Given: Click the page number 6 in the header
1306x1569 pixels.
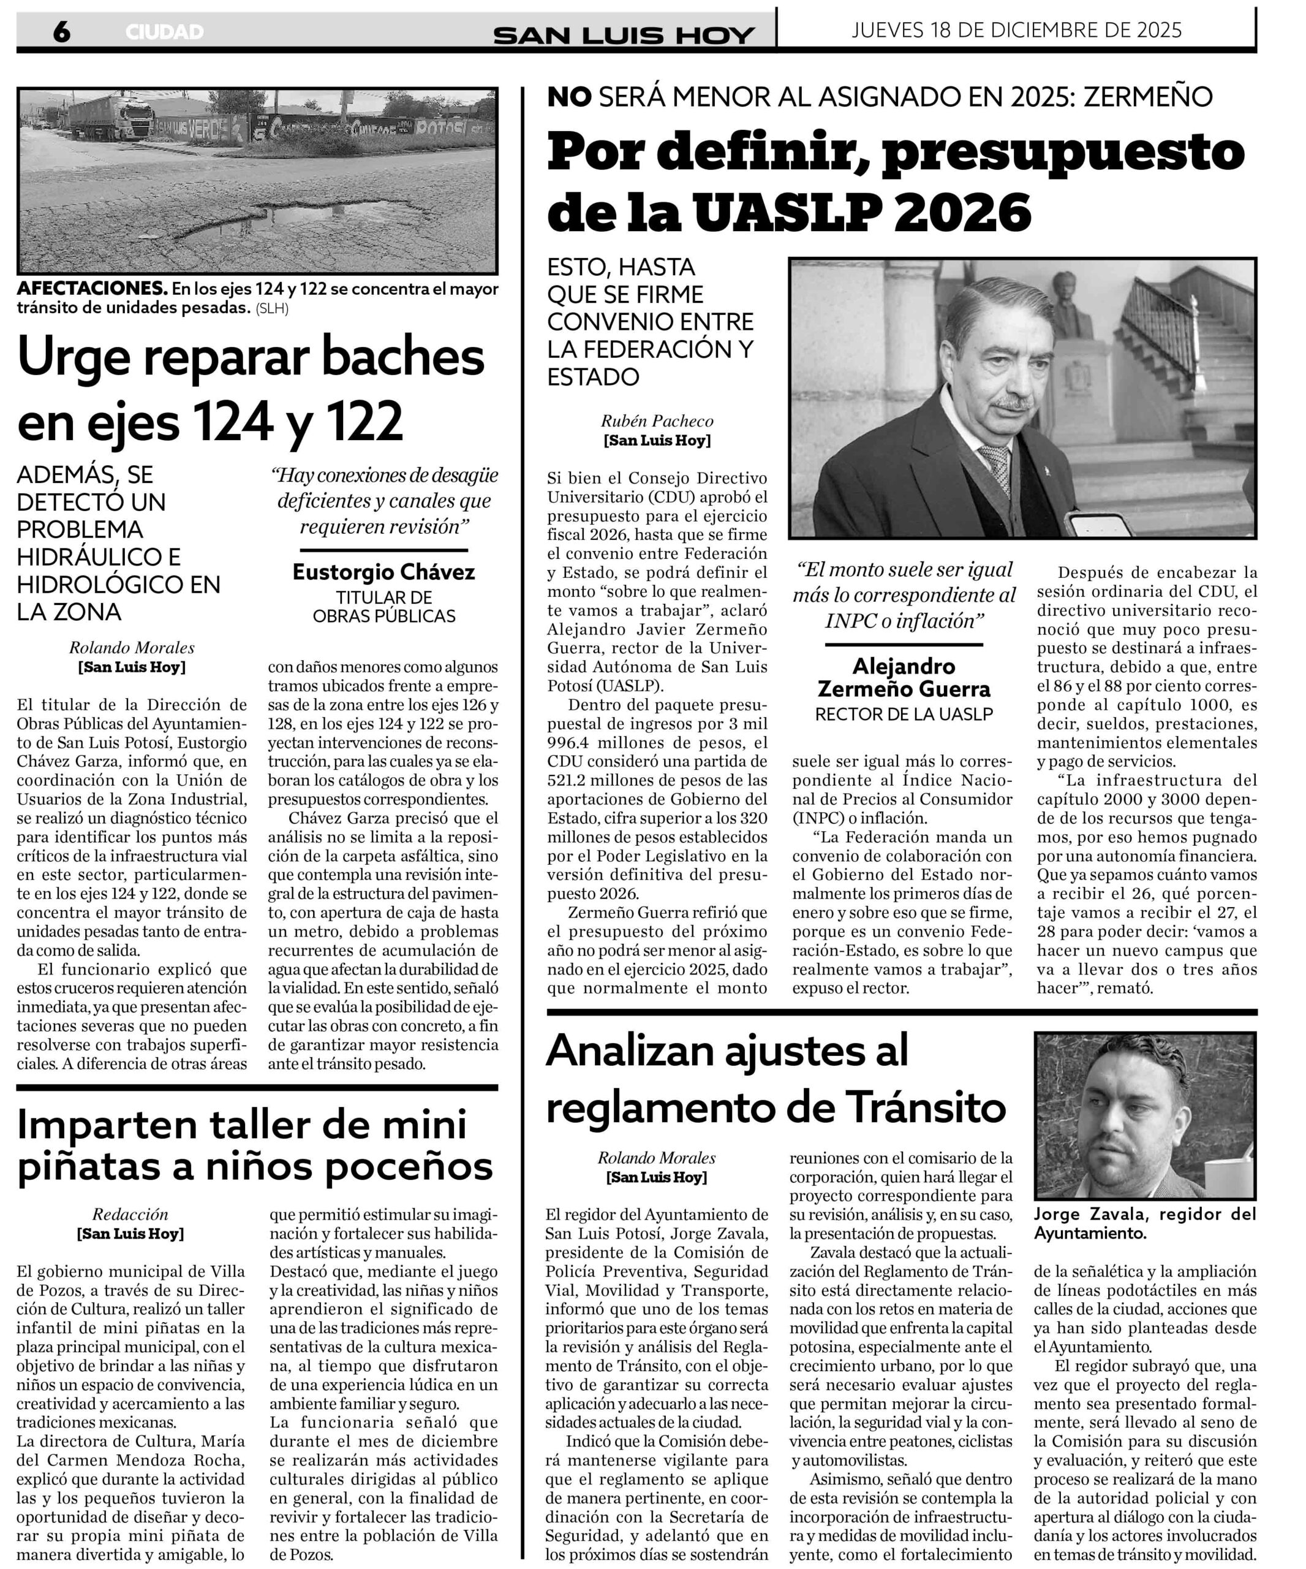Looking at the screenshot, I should pos(61,31).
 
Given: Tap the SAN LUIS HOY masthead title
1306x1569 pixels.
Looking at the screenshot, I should pos(624,35).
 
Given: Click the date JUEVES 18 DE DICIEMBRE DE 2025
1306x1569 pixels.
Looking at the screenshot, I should pos(1016,30).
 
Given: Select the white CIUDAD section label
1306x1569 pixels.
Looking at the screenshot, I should pos(164,32).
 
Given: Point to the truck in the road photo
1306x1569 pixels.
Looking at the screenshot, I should pos(112,117).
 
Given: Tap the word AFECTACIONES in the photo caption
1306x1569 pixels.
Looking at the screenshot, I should pos(91,289).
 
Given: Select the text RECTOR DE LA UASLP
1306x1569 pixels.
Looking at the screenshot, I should pos(904,713).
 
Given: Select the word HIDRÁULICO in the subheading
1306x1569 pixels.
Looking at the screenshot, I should pos(89,557).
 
